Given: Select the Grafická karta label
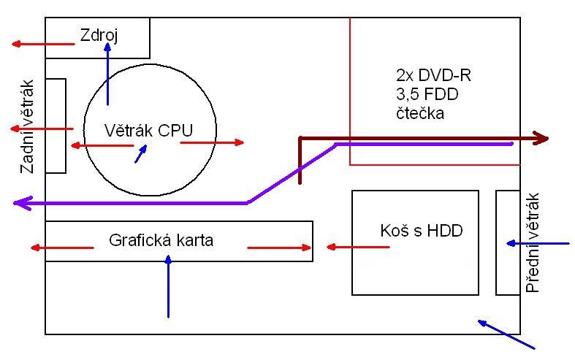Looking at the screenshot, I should [x=161, y=240].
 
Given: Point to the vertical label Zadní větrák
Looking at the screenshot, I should [x=28, y=125].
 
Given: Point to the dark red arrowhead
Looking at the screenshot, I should [x=542, y=137].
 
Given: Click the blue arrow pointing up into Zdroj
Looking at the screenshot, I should [x=107, y=73].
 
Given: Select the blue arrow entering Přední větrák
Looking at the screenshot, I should [x=537, y=242].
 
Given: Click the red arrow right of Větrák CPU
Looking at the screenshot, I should [x=212, y=142].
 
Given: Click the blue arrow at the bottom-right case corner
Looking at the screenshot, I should [x=506, y=334].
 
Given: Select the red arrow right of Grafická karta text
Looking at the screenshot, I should [x=279, y=248].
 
